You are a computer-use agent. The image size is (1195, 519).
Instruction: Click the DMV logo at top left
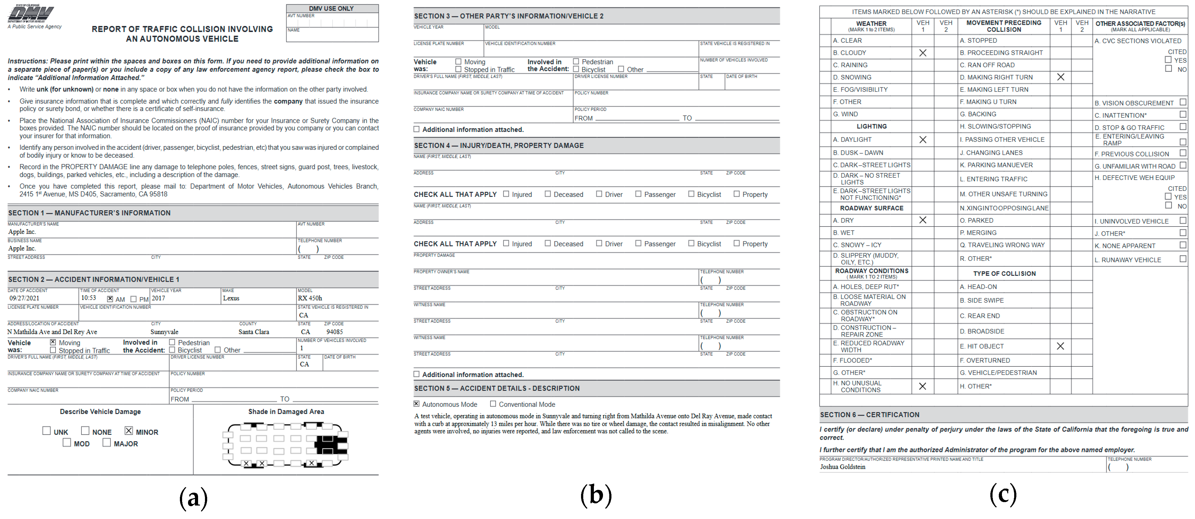click(31, 14)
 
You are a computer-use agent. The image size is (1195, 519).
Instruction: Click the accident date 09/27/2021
click(24, 298)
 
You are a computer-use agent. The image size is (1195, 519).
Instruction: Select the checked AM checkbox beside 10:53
click(110, 299)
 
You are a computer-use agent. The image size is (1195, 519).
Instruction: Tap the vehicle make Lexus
click(231, 298)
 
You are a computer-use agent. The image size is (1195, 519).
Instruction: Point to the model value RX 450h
click(309, 298)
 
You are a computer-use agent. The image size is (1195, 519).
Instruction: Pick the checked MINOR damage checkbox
click(128, 431)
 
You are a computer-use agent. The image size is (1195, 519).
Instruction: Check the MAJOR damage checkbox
click(107, 443)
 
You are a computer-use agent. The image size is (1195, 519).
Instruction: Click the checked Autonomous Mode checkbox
click(417, 404)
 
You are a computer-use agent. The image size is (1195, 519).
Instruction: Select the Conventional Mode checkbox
click(493, 404)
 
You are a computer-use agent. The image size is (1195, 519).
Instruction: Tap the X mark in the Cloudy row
click(923, 53)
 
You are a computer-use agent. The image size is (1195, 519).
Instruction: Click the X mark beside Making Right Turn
click(1061, 77)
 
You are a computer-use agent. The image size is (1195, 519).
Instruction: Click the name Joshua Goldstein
click(842, 467)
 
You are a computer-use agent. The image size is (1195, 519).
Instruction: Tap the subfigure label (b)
click(596, 495)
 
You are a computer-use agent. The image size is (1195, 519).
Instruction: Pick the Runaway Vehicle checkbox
click(1182, 259)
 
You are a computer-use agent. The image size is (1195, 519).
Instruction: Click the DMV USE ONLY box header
click(332, 8)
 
